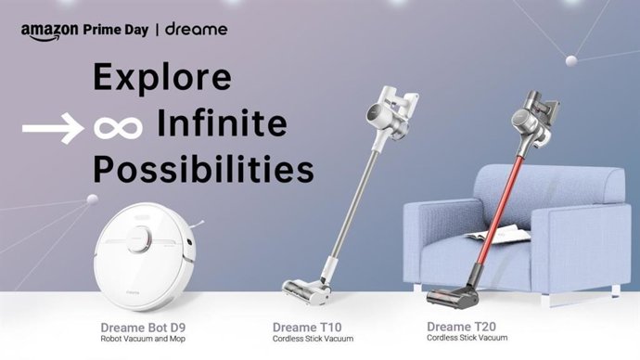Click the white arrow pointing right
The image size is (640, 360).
[x=51, y=129]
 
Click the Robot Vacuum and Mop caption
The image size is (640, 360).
[x=142, y=340]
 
